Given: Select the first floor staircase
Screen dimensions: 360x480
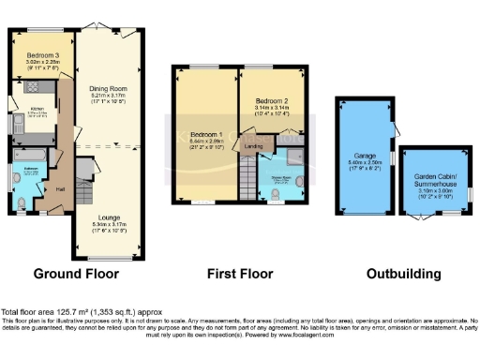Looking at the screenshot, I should click(x=247, y=177).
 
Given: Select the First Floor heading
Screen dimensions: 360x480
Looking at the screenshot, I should click(x=240, y=275).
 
